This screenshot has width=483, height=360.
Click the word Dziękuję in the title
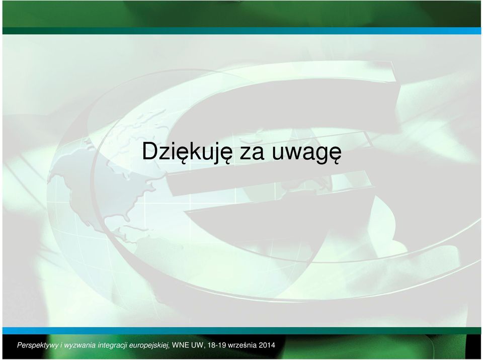(187, 152)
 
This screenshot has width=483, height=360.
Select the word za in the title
(252, 154)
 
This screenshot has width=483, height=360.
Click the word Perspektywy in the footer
(38, 345)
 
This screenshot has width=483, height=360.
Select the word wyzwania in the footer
(79, 345)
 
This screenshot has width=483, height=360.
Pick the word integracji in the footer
(112, 345)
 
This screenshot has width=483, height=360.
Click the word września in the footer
(242, 345)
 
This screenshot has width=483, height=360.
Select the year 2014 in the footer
(267, 345)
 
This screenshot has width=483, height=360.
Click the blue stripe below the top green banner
(400, 31)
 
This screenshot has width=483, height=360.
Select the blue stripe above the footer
(93, 331)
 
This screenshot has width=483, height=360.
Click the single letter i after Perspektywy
(61, 345)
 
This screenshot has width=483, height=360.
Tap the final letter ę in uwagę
(335, 155)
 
